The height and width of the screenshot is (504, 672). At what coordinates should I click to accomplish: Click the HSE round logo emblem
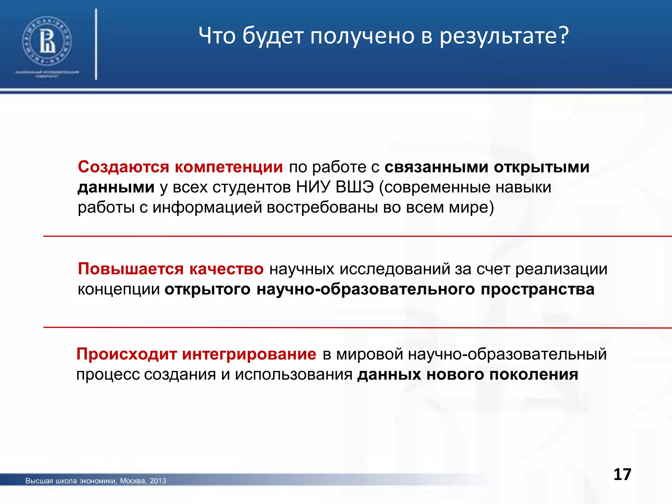point(47,41)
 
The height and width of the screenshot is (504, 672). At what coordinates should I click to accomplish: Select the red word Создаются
point(123,167)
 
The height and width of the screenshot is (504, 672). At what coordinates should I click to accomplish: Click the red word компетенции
point(229,167)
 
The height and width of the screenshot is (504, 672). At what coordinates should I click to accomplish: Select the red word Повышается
point(131,269)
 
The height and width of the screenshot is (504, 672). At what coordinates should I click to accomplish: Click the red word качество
point(226,269)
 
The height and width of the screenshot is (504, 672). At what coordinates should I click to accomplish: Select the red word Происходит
point(127,355)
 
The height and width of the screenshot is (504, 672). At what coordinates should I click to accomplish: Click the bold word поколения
point(534,375)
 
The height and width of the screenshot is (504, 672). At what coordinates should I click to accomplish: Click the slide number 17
point(622,474)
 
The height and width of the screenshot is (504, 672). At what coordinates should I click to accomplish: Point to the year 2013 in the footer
point(158,481)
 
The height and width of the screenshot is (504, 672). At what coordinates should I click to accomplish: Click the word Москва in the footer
point(133,481)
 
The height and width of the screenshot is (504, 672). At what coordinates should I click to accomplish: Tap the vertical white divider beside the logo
point(96,44)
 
